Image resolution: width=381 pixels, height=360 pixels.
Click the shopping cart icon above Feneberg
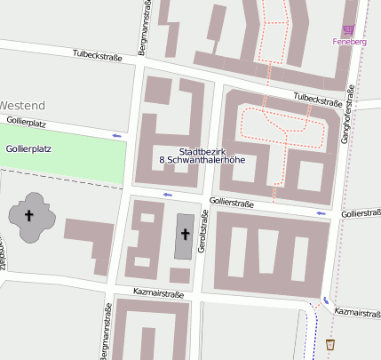click(348, 30)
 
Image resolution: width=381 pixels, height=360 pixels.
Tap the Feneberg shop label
click(349, 42)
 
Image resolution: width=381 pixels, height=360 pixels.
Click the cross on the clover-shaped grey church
click(28, 215)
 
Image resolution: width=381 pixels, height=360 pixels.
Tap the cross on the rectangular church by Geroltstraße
click(185, 235)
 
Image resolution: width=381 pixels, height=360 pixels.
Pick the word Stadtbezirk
click(202, 152)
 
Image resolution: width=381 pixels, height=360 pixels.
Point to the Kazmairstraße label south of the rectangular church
click(158, 292)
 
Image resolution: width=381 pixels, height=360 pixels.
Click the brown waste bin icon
click(330, 344)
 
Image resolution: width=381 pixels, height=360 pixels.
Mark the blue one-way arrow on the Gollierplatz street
click(116, 135)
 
